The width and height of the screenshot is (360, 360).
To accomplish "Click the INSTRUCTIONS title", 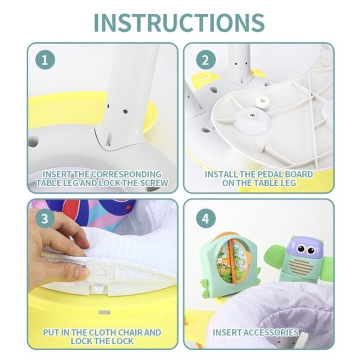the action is point(179,22).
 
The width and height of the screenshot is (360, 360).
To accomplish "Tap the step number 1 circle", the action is point(45,60).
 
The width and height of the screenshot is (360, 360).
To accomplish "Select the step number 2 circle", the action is point(206,60).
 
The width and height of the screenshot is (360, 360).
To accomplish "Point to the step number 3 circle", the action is point(45,218).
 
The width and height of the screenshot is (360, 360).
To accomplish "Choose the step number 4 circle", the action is point(206,218).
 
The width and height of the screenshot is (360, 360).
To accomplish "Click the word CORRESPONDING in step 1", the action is point(126,174).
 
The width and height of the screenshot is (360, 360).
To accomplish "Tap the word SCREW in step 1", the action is point(154,183).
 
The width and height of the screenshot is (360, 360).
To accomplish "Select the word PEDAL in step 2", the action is point(270,174).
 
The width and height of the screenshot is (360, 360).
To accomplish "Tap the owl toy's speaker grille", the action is point(301,267).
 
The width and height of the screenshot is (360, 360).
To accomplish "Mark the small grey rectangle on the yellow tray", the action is point(105,312).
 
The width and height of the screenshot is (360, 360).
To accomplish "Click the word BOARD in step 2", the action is point(299,174).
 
